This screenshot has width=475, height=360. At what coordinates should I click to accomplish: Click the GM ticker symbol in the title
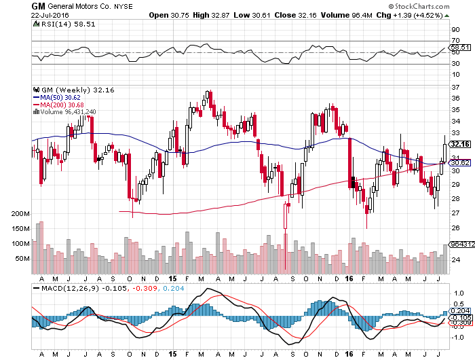pyautogui.click(x=38, y=6)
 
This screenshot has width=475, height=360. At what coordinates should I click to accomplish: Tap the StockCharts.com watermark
pyautogui.click(x=419, y=6)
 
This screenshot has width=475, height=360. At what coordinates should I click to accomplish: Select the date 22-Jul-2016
pyautogui.click(x=50, y=15)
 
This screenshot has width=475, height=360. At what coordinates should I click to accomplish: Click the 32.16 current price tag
pyautogui.click(x=460, y=144)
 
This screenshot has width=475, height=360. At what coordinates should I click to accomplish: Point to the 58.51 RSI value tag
pyautogui.click(x=460, y=48)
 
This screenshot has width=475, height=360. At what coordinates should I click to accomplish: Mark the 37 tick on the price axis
pyautogui.click(x=455, y=88)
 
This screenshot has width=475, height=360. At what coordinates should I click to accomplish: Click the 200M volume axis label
pyautogui.click(x=20, y=214)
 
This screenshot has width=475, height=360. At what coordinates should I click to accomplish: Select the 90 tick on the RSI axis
pyautogui.click(x=455, y=30)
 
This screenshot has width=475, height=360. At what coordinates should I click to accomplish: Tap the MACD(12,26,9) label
pyautogui.click(x=70, y=289)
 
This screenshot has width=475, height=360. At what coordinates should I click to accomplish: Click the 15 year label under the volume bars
pyautogui.click(x=172, y=278)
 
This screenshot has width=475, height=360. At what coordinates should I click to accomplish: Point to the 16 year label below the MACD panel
pyautogui.click(x=349, y=354)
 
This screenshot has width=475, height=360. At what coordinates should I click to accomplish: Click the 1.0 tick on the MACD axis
pyautogui.click(x=459, y=293)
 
